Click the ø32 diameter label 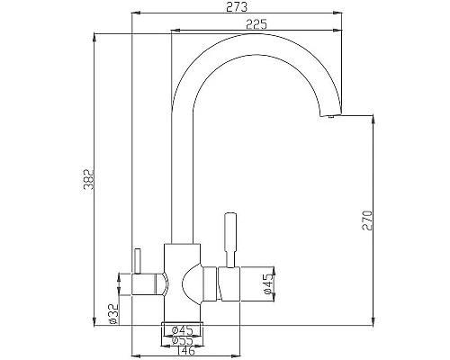112,311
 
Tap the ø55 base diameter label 184,339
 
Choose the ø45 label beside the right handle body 267,285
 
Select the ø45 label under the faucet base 184,329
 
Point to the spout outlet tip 330,115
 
